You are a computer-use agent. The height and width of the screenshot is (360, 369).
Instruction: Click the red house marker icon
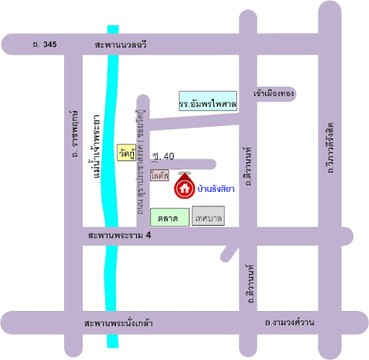click(184, 189)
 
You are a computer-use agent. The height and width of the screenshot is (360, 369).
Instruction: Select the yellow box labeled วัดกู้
click(125, 153)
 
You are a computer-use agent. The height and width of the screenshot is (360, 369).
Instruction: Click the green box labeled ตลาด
click(168, 216)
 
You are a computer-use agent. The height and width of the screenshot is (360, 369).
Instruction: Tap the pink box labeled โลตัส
click(160, 175)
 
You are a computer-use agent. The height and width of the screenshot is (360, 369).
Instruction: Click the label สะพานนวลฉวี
click(120, 45)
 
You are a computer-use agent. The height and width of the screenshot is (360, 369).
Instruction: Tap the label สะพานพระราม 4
click(119, 236)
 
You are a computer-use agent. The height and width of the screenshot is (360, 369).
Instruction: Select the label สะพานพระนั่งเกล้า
click(118, 322)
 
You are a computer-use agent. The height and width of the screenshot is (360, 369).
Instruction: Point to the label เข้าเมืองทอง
click(275, 94)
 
